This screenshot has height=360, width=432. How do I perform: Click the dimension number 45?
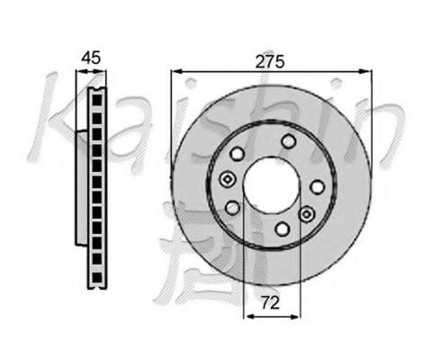click(92, 58)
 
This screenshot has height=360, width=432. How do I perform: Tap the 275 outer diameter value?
click(270, 62)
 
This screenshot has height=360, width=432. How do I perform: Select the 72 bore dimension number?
click(270, 302)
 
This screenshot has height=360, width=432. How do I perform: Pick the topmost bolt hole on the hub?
click(288, 141)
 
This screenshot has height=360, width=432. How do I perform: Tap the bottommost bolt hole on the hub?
click(283, 229)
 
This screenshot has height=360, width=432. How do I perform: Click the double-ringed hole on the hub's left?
click(228, 179)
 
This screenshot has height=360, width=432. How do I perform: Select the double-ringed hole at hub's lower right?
click(306, 214)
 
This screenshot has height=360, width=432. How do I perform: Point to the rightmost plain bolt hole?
click(317, 187)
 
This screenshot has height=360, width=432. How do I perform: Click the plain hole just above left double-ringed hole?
click(238, 154)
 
